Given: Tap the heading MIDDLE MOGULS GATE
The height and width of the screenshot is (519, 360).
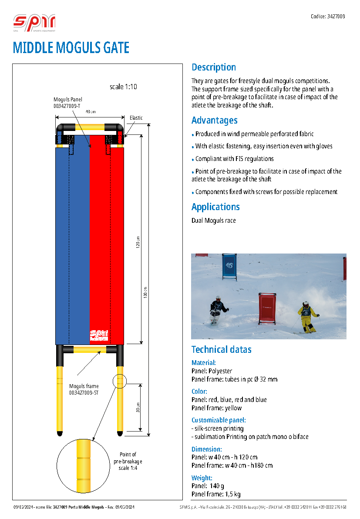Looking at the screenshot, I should click(x=71, y=47).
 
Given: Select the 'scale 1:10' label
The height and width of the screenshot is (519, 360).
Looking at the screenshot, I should click(x=123, y=87).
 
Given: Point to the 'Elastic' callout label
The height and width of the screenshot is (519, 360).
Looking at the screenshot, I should click(x=136, y=118).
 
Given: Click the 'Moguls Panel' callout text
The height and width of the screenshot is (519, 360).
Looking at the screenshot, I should click(x=67, y=100).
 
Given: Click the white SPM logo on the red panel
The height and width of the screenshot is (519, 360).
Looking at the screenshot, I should click(x=99, y=335).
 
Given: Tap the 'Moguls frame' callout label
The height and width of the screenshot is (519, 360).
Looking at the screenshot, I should click(x=84, y=386).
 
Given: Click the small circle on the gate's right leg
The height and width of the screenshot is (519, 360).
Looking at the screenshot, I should click(x=119, y=381).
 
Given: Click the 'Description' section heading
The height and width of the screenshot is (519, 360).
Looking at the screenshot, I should click(x=214, y=67).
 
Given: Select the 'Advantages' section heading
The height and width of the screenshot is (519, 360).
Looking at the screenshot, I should click(x=215, y=121).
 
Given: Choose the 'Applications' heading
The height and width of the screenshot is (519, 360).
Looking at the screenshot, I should click(x=215, y=207).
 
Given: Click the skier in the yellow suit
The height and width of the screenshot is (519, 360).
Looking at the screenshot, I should click(x=307, y=317).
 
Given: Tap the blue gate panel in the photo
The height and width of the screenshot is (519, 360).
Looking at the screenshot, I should click(x=229, y=265).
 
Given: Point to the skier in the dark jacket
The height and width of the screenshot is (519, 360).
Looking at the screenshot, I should click(x=217, y=309).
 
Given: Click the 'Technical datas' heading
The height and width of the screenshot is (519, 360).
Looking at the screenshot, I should click(x=222, y=350).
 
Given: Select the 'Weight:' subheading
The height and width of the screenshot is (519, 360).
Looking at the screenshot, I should click(x=202, y=478).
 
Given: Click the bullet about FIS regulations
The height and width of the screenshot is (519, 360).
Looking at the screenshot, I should click(x=234, y=159).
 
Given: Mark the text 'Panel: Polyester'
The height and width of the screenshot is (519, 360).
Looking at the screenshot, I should click(x=212, y=371).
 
